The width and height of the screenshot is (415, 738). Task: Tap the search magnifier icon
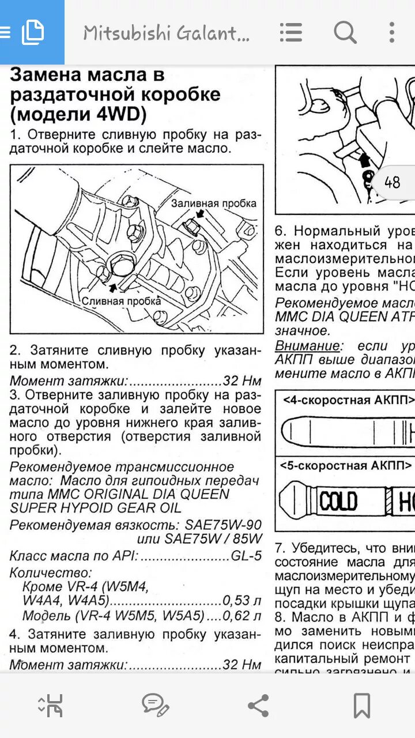click(345, 32)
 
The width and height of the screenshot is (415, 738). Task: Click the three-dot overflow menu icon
click(392, 32)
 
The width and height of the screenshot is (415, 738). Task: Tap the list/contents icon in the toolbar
click(291, 32)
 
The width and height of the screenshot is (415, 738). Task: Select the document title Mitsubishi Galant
click(166, 33)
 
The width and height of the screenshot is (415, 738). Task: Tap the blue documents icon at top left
click(32, 32)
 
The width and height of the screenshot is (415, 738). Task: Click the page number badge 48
click(392, 183)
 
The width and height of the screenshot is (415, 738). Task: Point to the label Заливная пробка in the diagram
click(213, 203)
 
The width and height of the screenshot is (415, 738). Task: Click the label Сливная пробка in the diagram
click(121, 300)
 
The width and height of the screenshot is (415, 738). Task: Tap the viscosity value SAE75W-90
click(223, 525)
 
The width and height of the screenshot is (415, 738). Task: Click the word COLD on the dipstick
click(338, 501)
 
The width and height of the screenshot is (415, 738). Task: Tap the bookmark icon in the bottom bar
click(361, 705)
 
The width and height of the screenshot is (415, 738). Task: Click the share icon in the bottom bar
click(258, 705)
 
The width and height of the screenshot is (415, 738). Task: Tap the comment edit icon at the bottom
click(155, 705)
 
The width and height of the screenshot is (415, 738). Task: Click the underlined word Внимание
click(307, 347)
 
